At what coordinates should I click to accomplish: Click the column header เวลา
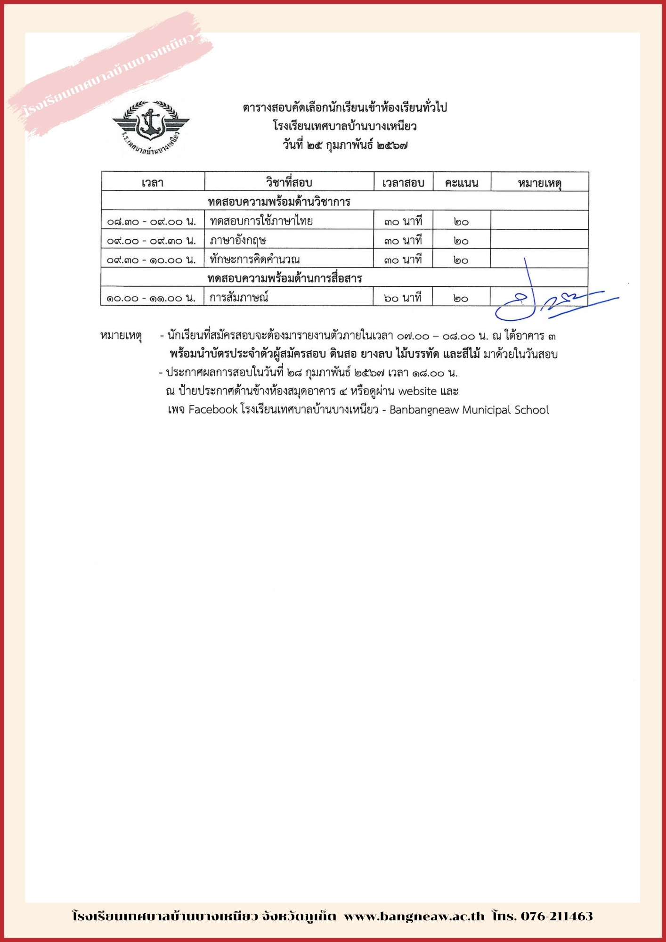(x=153, y=183)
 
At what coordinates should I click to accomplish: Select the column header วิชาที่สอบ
(x=289, y=183)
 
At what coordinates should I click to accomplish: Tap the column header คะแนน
(x=462, y=183)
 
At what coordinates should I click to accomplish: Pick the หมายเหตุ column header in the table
(x=539, y=183)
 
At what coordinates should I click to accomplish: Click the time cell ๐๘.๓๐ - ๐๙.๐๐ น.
(x=152, y=221)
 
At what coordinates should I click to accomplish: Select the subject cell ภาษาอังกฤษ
(x=238, y=240)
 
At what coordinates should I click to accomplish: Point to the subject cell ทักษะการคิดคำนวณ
(x=255, y=260)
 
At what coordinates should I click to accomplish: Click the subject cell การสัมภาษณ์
(x=239, y=298)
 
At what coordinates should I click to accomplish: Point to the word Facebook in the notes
(x=213, y=410)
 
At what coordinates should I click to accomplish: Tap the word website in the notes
(x=417, y=391)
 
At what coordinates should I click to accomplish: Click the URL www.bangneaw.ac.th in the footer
(x=414, y=916)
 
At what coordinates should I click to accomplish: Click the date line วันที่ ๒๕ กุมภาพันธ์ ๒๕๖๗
(x=345, y=145)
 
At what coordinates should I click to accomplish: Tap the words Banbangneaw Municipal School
(x=469, y=410)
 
